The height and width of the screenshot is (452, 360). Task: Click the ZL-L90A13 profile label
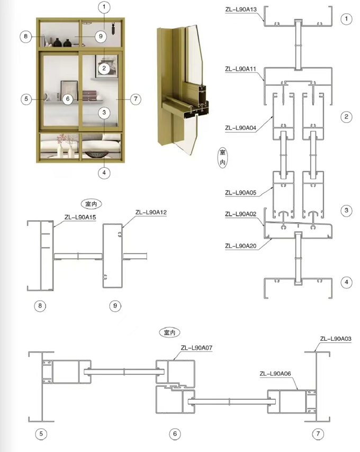tap(241, 9)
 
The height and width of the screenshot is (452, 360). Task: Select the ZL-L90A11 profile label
tap(240, 69)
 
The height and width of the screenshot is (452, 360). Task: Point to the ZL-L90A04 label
tap(240, 128)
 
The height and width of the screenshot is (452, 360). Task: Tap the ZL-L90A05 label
tap(240, 193)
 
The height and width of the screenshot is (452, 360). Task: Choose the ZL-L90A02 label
tap(240, 214)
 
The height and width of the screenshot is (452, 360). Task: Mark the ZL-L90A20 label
tap(240, 246)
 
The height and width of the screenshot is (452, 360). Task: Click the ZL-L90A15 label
tap(80, 218)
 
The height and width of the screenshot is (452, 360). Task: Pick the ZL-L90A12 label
tap(151, 212)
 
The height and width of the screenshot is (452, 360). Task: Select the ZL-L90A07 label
tap(196, 348)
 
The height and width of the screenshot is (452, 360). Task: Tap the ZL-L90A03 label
tap(336, 339)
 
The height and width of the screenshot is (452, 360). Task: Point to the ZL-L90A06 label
tap(275, 374)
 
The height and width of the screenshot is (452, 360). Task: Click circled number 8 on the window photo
tap(25, 37)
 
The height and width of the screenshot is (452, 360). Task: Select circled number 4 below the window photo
tap(104, 173)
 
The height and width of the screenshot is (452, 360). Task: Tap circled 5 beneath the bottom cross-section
tap(41, 433)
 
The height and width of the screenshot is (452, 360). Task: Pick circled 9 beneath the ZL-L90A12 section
tap(115, 305)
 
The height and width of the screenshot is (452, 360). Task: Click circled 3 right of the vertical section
tap(346, 211)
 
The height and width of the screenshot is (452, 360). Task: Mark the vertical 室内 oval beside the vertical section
tap(222, 157)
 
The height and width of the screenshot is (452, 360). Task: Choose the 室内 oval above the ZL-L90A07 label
tap(169, 332)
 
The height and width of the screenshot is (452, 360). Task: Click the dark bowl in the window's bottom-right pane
tap(97, 154)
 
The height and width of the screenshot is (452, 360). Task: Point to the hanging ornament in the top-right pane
tap(113, 29)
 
